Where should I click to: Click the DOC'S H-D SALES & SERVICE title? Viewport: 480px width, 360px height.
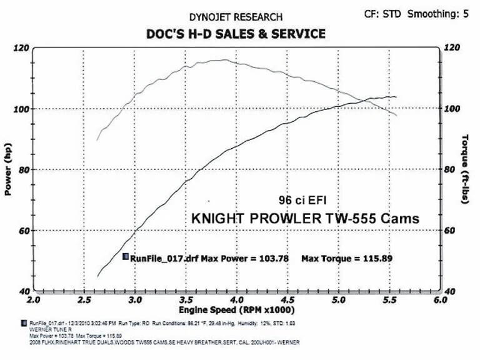[x=236, y=34]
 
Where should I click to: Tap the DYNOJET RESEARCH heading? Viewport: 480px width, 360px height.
[x=236, y=17]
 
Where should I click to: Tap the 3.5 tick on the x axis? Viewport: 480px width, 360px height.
[x=186, y=301]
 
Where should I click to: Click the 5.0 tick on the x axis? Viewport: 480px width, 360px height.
[x=338, y=301]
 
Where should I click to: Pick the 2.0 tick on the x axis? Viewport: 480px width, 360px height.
[x=33, y=301]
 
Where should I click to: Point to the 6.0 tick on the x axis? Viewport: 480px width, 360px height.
[x=439, y=301]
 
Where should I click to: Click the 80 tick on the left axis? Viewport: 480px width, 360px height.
[x=22, y=169]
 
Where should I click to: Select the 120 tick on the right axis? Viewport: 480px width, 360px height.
[x=452, y=47]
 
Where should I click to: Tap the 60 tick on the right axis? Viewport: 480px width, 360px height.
[x=450, y=231]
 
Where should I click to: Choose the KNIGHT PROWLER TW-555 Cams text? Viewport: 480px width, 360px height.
[x=304, y=219]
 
